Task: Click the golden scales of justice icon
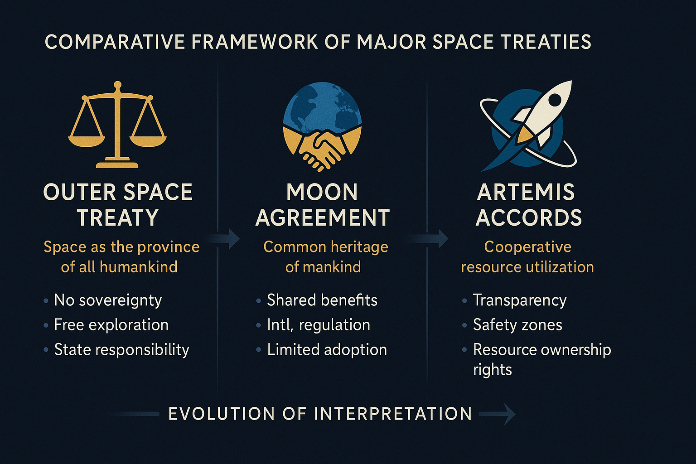117,124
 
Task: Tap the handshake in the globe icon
322,150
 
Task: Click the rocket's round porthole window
556,100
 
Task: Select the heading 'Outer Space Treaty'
118,205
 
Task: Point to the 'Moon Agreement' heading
323,205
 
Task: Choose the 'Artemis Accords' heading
528,205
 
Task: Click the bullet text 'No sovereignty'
108,300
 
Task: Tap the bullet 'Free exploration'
111,325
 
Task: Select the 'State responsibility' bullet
121,350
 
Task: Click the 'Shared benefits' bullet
322,300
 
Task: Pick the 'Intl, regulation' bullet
319,325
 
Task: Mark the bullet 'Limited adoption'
327,350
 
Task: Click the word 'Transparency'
520,300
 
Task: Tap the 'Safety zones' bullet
517,325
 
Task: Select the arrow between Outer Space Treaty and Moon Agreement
222,239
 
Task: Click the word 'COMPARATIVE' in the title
115,42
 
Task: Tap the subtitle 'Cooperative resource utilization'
527,257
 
